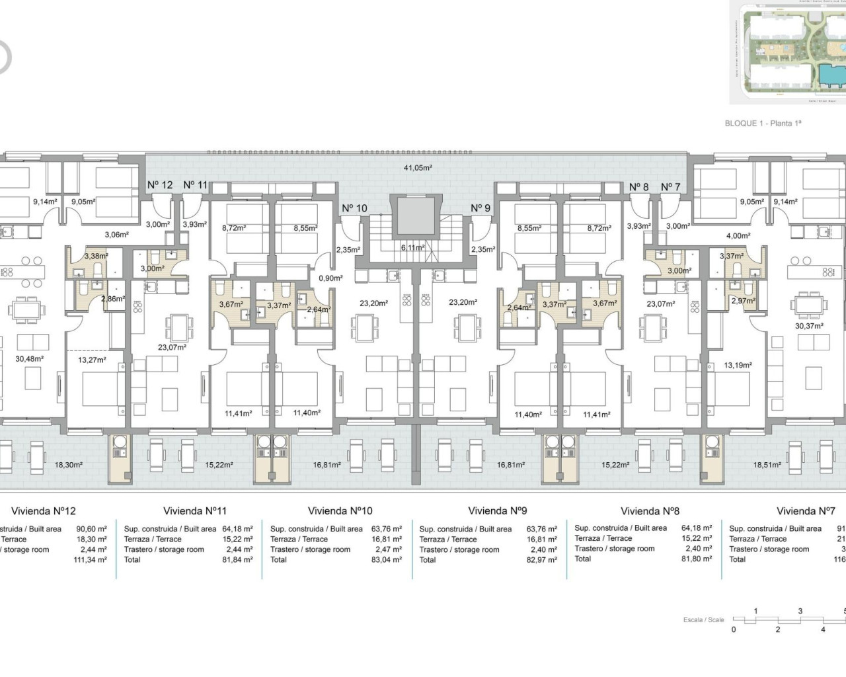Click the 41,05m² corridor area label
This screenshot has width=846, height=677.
click(x=418, y=168)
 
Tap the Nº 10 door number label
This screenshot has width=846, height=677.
click(x=354, y=208)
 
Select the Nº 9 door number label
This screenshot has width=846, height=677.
click(x=481, y=208)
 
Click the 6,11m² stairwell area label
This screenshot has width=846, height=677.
click(x=412, y=248)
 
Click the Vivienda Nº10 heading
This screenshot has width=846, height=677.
click(x=340, y=510)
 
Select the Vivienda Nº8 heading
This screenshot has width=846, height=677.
click(x=650, y=510)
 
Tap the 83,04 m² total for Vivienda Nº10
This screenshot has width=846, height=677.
click(x=386, y=559)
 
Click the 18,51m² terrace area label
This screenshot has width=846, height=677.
click(x=767, y=465)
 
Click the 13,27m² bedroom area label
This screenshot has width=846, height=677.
click(x=92, y=360)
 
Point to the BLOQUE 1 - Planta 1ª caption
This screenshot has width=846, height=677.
click(x=763, y=124)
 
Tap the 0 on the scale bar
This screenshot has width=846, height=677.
click(x=734, y=629)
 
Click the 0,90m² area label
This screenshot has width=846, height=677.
click(x=330, y=278)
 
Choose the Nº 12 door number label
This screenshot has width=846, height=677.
click(x=159, y=185)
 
